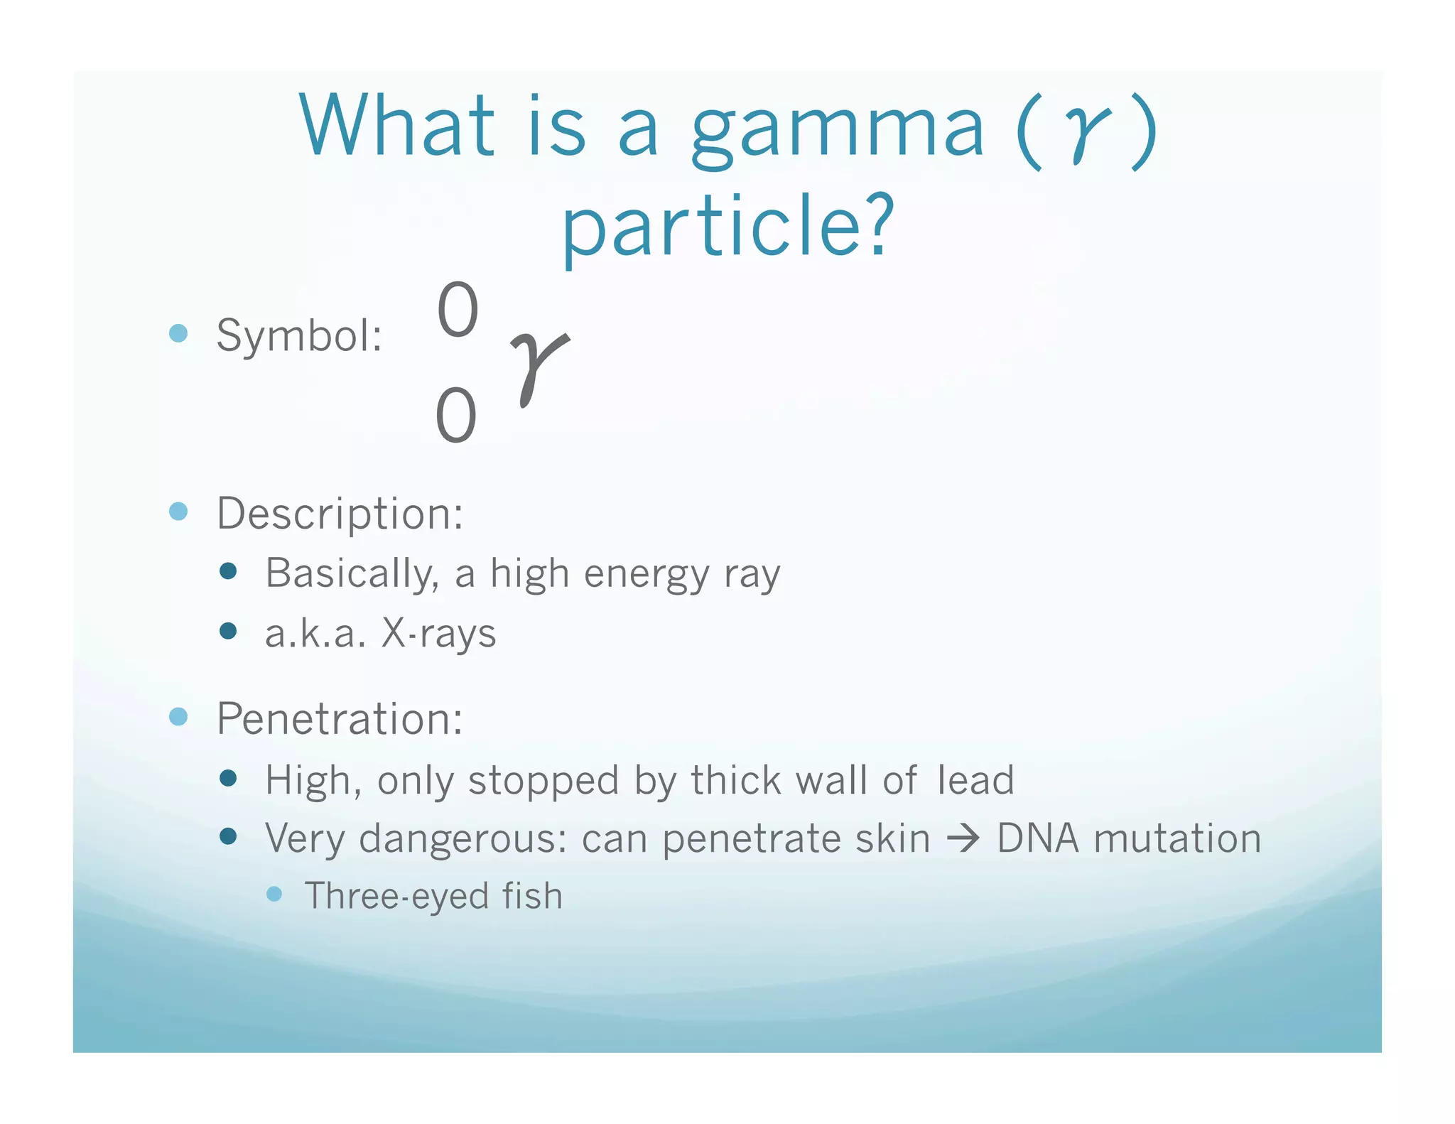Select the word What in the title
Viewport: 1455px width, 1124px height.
(396, 126)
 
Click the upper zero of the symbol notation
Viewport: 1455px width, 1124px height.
(458, 310)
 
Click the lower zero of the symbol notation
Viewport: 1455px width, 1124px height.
(455, 416)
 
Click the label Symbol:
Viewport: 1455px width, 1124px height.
(299, 335)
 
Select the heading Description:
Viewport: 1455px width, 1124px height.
(340, 513)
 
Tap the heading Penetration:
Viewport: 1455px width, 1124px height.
(340, 718)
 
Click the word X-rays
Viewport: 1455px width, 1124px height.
(438, 633)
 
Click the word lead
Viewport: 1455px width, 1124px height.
(975, 780)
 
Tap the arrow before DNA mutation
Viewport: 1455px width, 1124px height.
(963, 839)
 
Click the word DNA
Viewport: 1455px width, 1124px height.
(1038, 838)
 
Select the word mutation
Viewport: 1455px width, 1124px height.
(1177, 838)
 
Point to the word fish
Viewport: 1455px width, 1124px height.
(532, 895)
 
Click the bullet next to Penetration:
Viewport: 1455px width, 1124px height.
(178, 716)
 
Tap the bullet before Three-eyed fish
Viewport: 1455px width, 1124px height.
(274, 894)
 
